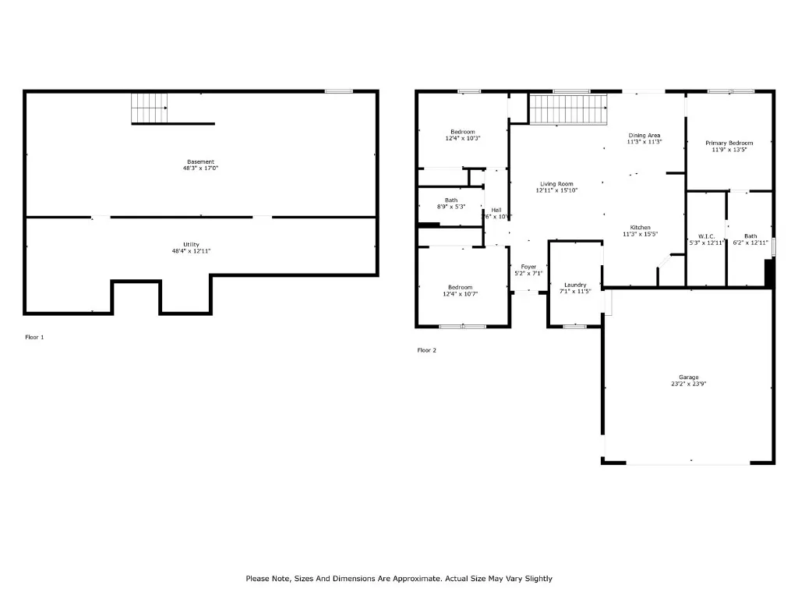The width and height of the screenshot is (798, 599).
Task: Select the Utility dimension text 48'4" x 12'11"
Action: pos(192,251)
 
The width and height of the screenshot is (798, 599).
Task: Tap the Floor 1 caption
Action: pos(34,337)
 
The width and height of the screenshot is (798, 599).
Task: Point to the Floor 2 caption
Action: pos(427,350)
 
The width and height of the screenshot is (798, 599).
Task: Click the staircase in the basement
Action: pos(149,108)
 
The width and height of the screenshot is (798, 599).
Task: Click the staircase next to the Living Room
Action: pos(567,109)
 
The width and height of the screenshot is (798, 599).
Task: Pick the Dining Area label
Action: pos(644,136)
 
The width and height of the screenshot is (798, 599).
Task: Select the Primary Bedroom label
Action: pos(729,143)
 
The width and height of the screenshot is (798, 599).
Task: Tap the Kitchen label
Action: pos(640,228)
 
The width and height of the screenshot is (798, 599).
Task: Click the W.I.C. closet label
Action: pos(706,236)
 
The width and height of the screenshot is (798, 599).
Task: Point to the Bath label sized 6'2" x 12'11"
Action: pos(750,236)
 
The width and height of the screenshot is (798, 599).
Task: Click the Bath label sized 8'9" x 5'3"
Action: pos(451,200)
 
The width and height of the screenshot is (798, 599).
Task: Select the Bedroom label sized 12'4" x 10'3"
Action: pos(462,132)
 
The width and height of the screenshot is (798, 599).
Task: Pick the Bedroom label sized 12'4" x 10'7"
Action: pos(462,287)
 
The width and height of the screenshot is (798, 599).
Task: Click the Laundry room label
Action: pos(575,285)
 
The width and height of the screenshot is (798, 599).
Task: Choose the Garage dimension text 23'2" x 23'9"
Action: pos(688,384)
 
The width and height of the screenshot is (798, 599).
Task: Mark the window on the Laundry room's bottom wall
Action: pos(574,326)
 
